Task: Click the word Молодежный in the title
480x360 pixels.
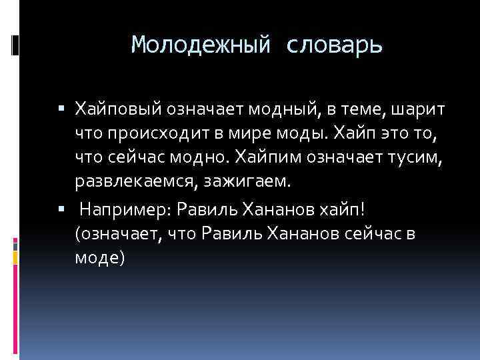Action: pyautogui.click(x=201, y=45)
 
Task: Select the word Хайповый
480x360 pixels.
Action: pyautogui.click(x=119, y=109)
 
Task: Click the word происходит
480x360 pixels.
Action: pyautogui.click(x=158, y=134)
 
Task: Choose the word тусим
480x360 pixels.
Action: pyautogui.click(x=415, y=158)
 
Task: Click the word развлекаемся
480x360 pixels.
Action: pyautogui.click(x=135, y=182)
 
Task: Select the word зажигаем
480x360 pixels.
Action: pyautogui.click(x=247, y=182)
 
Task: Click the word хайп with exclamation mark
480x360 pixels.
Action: pyautogui.click(x=342, y=210)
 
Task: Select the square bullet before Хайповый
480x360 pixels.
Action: pyautogui.click(x=61, y=108)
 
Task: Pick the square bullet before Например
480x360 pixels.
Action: pyautogui.click(x=61, y=209)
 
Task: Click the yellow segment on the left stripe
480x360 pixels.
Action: pyautogui.click(x=15, y=258)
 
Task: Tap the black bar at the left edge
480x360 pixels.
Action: pyautogui.click(x=15, y=45)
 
